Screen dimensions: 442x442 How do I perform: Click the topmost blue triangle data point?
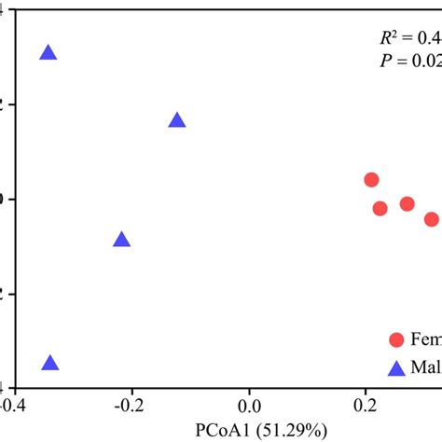[48, 54]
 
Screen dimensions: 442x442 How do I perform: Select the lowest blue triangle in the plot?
[50, 365]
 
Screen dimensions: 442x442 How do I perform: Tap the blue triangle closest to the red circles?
[177, 121]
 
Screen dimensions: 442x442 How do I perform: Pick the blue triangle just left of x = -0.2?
[121, 241]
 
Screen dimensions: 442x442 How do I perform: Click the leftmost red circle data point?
[371, 180]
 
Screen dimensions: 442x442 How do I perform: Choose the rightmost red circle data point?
[431, 219]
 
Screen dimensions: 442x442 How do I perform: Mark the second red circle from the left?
[380, 208]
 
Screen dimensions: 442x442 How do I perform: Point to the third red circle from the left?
[407, 203]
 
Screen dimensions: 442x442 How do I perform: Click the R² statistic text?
[406, 38]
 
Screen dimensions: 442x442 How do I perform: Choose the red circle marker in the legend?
[396, 340]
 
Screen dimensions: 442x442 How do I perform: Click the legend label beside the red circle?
[427, 341]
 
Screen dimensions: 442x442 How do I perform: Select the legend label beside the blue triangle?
[427, 368]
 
